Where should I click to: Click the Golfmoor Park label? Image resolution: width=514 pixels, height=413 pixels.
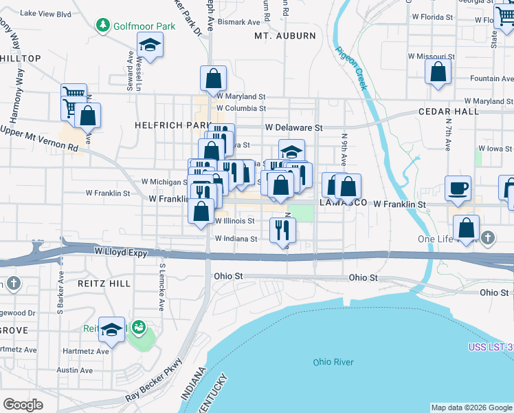[x=145, y=26]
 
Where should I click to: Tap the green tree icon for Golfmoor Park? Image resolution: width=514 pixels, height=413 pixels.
[x=103, y=25]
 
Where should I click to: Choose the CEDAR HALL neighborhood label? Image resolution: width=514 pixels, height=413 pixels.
[x=447, y=112]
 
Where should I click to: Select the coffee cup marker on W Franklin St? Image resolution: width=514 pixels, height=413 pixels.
[x=458, y=188]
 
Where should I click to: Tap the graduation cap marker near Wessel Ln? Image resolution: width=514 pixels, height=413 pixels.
[x=150, y=46]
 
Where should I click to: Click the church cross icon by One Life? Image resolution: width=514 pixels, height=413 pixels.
[x=488, y=237]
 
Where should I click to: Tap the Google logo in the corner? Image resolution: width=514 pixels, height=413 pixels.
[x=23, y=404]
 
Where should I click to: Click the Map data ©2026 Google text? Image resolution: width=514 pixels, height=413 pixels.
[x=471, y=407]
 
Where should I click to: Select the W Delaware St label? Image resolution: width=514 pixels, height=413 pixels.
[x=294, y=127]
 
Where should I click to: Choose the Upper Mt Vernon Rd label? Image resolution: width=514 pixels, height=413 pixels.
[x=39, y=138]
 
